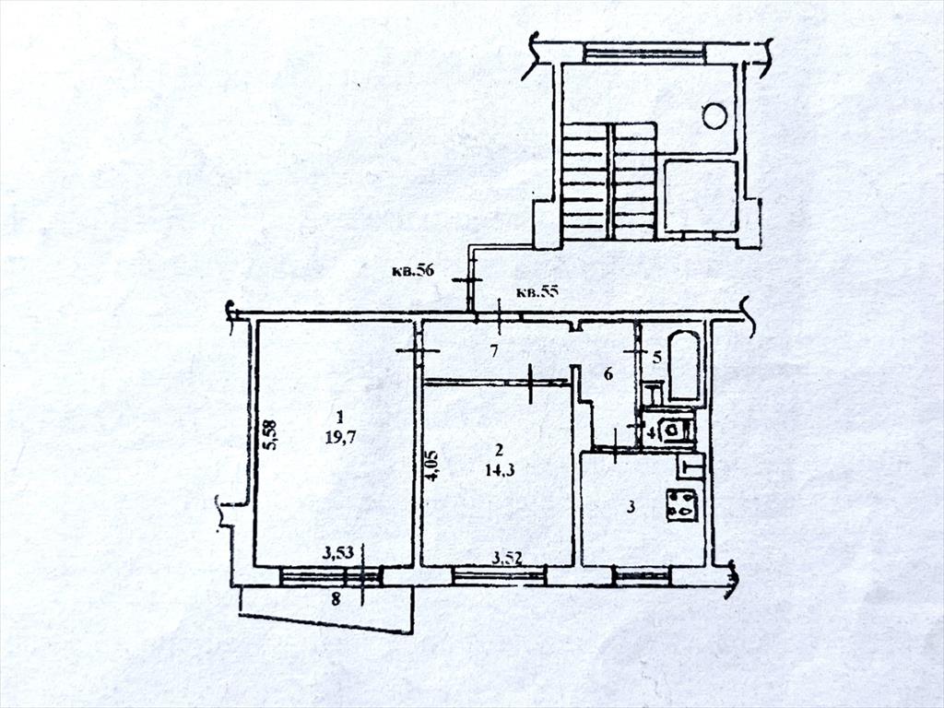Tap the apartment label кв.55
[x=537, y=292]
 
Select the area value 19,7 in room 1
[x=341, y=437]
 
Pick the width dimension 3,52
[x=506, y=558]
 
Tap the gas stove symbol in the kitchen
[x=681, y=504]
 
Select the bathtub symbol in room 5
[x=685, y=365]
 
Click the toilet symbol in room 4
[x=672, y=430]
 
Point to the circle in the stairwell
[x=714, y=115]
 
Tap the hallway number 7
[x=494, y=351]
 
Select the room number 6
[x=608, y=375]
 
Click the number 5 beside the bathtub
[x=656, y=358]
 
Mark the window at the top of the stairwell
[x=643, y=53]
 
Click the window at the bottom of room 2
[x=499, y=576]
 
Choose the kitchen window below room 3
[x=642, y=576]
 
